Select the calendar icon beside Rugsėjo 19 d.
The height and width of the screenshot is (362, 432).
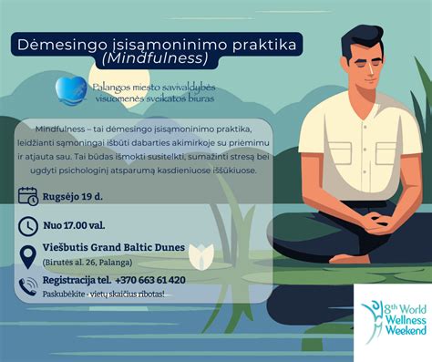29,195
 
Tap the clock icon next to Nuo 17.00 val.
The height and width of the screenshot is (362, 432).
29,226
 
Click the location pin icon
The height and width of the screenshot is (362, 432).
29,254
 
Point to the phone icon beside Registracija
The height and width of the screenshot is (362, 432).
29,284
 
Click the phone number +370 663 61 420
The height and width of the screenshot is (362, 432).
150,280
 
